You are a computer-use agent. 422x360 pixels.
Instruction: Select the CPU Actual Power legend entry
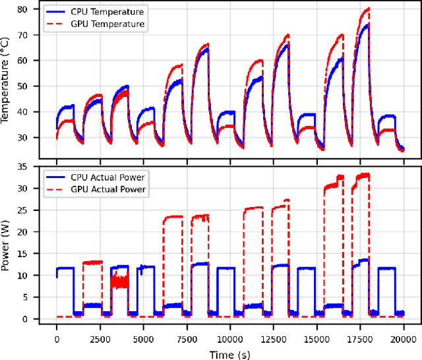[x=109, y=177]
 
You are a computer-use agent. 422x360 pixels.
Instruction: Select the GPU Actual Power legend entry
[x=109, y=189]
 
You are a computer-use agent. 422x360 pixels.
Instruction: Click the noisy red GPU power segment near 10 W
[x=119, y=282]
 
